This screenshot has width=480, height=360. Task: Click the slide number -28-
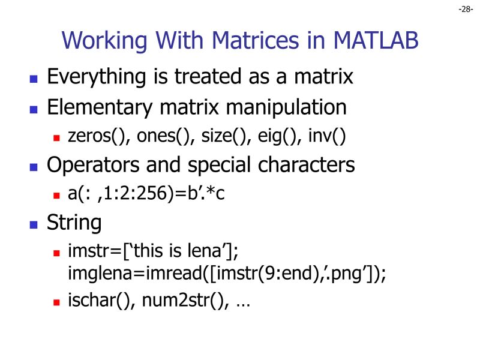click(466, 9)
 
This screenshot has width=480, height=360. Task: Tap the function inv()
click(327, 136)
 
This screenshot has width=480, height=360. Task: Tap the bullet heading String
click(74, 223)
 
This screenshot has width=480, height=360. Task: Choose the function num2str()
click(184, 301)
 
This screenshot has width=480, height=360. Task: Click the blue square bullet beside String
click(34, 225)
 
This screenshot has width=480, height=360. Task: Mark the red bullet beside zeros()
click(57, 138)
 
